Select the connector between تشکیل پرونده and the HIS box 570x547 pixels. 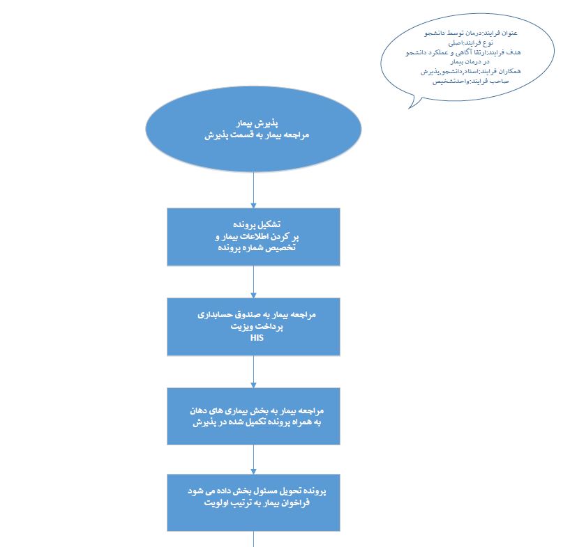pyautogui.click(x=253, y=282)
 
